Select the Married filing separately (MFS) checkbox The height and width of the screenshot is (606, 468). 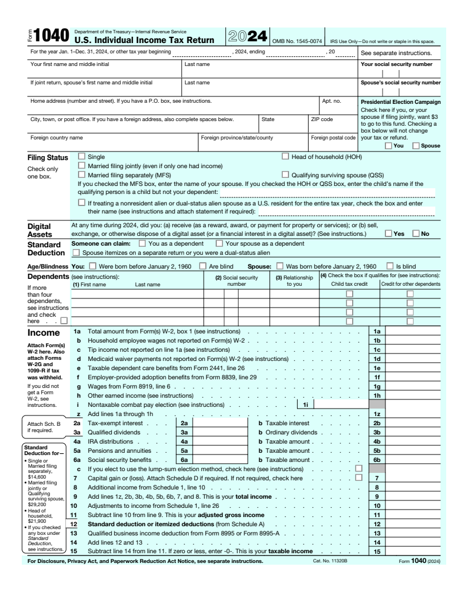click(81, 174)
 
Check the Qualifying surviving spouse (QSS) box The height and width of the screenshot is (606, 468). click(286, 174)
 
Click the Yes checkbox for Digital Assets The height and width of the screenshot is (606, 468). click(389, 234)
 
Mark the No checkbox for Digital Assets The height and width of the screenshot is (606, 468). click(416, 234)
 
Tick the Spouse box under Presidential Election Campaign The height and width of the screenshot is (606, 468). click(417, 146)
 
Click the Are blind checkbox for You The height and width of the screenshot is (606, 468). click(202, 266)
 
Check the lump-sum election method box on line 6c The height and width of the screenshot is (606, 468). click(359, 469)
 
